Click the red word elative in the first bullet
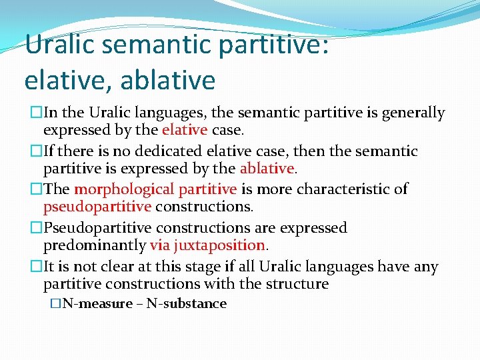click(185, 129)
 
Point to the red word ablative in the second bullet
click(267, 167)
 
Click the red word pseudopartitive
click(97, 207)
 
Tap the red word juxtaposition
click(219, 245)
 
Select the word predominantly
click(95, 245)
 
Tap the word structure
click(296, 284)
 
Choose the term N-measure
click(96, 304)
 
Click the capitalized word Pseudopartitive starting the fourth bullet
click(96, 227)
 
